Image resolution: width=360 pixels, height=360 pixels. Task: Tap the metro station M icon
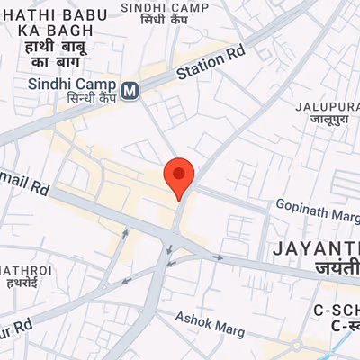pos(131,90)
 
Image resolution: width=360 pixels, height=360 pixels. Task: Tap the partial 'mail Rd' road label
pos(24,188)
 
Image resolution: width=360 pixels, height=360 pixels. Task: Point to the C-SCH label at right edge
pos(338,310)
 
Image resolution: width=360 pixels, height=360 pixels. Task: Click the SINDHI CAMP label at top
pos(177,8)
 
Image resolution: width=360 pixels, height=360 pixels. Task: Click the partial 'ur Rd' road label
pos(16,323)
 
